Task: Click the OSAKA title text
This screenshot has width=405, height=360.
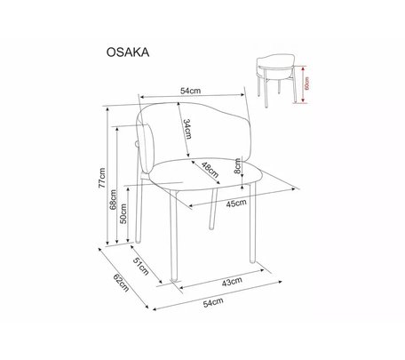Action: coord(128,52)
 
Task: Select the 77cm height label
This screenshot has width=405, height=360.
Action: coord(102,178)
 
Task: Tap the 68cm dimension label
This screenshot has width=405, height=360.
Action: coord(113,199)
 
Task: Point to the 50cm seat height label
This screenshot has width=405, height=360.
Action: coord(123,213)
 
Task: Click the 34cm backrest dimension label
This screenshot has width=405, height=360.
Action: coord(187,129)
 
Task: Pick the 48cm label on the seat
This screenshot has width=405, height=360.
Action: coord(210,170)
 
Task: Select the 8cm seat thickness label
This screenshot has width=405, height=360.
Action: coord(237,166)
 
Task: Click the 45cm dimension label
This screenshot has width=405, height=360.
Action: coord(236,204)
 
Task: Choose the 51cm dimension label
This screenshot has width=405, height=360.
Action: coord(141,266)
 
